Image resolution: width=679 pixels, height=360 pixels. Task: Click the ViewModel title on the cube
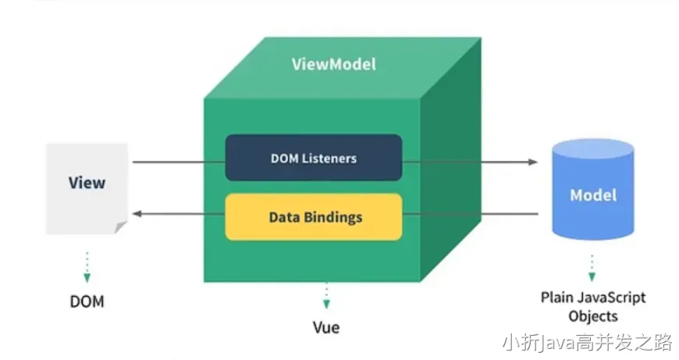333,64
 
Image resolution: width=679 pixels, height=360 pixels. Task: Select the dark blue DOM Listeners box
314,158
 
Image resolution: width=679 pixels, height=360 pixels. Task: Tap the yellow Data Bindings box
314,216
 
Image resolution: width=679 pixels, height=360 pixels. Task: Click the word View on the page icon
87,184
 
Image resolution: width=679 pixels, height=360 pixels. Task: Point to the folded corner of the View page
120,227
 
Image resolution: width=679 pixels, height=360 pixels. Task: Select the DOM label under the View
87,301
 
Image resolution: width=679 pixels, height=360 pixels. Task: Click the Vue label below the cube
325,326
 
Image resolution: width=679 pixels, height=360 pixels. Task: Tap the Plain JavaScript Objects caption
593,306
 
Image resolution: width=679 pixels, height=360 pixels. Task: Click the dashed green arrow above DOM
87,267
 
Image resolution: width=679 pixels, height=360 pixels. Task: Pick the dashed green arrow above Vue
325,296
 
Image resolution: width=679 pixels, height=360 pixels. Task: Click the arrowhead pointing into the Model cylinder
533,162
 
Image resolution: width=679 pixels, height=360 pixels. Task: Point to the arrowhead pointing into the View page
136,213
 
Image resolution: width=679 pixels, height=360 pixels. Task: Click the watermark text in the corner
587,342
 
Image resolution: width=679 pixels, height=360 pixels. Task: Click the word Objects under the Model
593,316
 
